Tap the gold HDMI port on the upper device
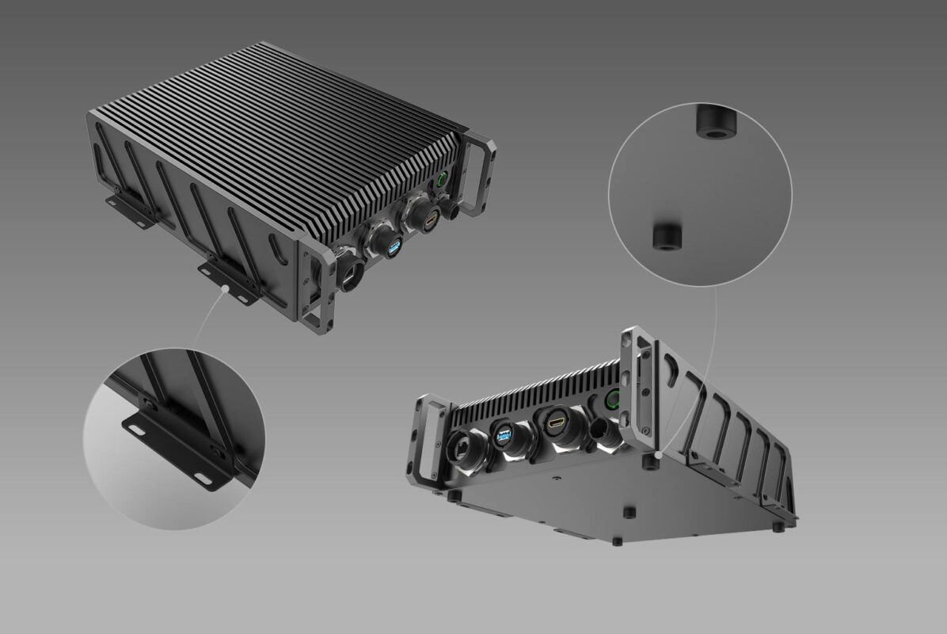tap(430, 221)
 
